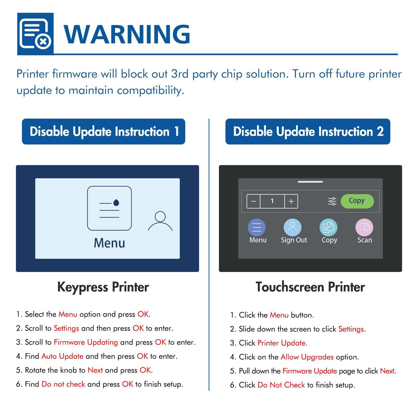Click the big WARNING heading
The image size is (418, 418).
point(127,34)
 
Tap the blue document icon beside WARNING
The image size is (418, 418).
point(35,34)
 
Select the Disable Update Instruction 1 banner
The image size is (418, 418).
point(103,131)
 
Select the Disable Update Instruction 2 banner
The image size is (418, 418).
point(308,131)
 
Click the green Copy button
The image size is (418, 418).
point(357,201)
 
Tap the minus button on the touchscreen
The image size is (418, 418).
point(253,201)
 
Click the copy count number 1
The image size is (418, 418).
point(272,201)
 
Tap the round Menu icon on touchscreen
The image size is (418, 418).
point(257,227)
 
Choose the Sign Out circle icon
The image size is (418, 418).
point(292,227)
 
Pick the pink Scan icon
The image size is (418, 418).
point(364,227)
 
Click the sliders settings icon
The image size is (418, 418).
point(332,201)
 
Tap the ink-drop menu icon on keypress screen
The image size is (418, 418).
point(109,208)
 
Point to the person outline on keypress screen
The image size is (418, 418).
point(160,221)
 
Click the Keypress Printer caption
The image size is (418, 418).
point(103,287)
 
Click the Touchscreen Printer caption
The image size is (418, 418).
point(310,287)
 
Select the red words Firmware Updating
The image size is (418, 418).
point(86,342)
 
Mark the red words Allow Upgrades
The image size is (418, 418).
point(307,357)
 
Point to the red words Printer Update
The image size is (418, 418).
point(281,343)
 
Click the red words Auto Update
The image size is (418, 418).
point(62,356)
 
